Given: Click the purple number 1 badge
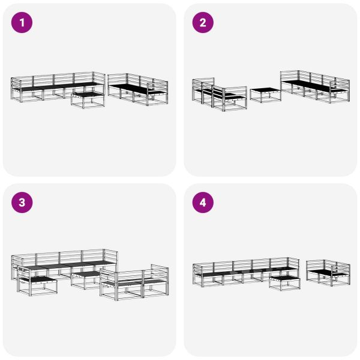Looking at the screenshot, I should point(23,23).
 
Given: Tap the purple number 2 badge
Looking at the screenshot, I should point(203,23).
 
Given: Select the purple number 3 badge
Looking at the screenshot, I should point(23,203).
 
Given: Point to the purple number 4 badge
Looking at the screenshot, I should point(203,203).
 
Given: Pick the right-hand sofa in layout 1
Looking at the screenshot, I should point(138,89).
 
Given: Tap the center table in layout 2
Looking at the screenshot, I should point(265,95).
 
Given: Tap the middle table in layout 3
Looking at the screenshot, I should point(85,279).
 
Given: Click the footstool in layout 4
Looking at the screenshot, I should point(283,282).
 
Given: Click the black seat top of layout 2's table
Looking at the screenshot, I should point(265,91).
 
